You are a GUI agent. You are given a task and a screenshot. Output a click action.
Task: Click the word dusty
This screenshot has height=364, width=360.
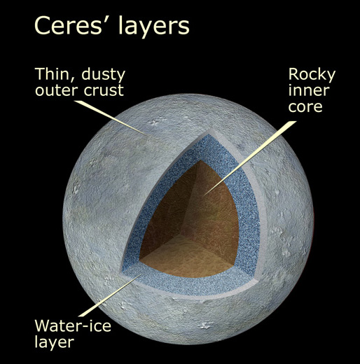tap(103, 75)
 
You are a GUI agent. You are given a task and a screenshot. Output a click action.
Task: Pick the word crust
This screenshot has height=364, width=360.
tap(104, 90)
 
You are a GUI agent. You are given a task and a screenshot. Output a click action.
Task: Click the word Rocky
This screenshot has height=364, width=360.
tap(312, 75)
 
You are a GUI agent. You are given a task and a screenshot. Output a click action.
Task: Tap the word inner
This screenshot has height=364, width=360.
tap(309, 90)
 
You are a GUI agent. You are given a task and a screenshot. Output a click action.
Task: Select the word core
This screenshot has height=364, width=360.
tap(305, 107)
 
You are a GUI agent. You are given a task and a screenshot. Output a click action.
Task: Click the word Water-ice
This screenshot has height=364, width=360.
tap(73, 325)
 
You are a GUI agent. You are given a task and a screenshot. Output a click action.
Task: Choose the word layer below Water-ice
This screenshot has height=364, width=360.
tap(55, 342)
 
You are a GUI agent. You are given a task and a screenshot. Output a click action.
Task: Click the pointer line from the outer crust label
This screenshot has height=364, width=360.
tap(111, 118)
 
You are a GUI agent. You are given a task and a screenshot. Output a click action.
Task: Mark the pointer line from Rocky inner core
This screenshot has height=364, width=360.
tap(250, 158)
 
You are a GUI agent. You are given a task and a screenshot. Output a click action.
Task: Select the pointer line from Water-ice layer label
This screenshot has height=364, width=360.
tap(110, 295)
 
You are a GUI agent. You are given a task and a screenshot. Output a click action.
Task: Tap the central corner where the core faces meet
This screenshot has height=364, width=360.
tap(182, 234)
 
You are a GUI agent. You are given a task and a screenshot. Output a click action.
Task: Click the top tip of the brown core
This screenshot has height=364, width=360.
tap(200, 160)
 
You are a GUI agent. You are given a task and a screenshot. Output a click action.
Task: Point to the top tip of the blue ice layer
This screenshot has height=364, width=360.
tap(209, 134)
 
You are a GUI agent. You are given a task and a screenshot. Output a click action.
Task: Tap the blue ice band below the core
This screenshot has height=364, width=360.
tap(187, 286)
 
